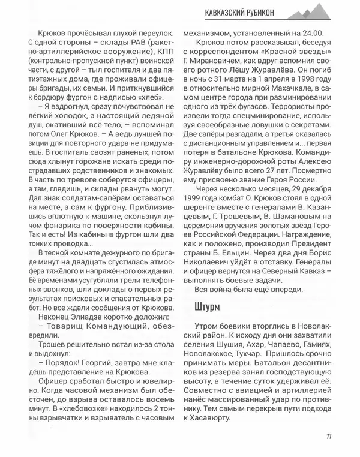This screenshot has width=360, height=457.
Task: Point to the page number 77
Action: point(329,435)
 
